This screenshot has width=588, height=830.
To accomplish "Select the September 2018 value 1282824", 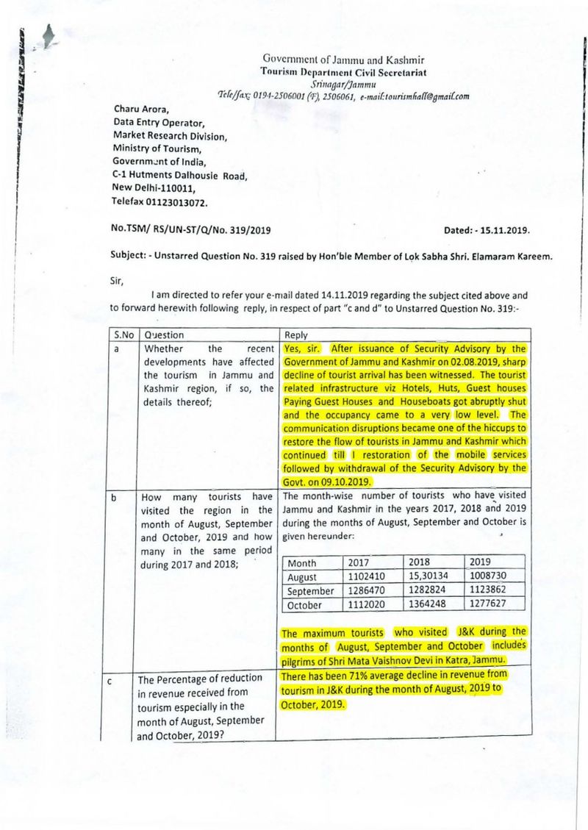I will coord(431,591).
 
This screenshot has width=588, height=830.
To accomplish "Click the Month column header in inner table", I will coord(301,563).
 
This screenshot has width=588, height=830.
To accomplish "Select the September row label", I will coord(310,591).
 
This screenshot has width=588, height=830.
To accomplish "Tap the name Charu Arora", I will coord(141,111).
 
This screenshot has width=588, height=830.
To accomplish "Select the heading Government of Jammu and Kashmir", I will coord(343,60).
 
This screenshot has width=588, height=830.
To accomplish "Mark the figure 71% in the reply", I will coord(351,674).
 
